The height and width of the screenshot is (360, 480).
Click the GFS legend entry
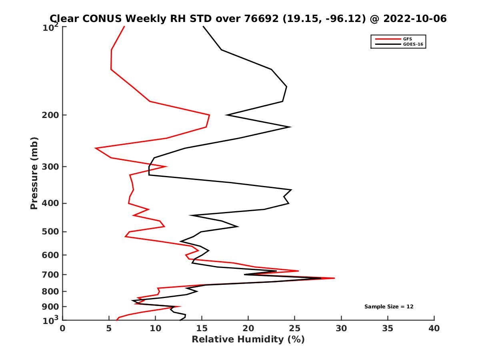[x=407, y=39]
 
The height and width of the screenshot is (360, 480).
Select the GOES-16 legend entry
[x=412, y=44]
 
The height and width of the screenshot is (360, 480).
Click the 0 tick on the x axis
[x=63, y=328]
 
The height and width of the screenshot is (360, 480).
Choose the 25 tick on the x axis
[x=295, y=328]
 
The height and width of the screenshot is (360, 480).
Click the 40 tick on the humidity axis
[x=434, y=328]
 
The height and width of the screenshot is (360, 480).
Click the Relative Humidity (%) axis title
[x=248, y=340]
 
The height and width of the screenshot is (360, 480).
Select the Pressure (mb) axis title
[x=34, y=173]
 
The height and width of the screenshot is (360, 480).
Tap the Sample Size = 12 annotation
[x=389, y=307]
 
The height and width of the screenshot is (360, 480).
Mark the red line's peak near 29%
[x=334, y=278]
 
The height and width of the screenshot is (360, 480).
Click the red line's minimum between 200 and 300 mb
[x=96, y=148]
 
